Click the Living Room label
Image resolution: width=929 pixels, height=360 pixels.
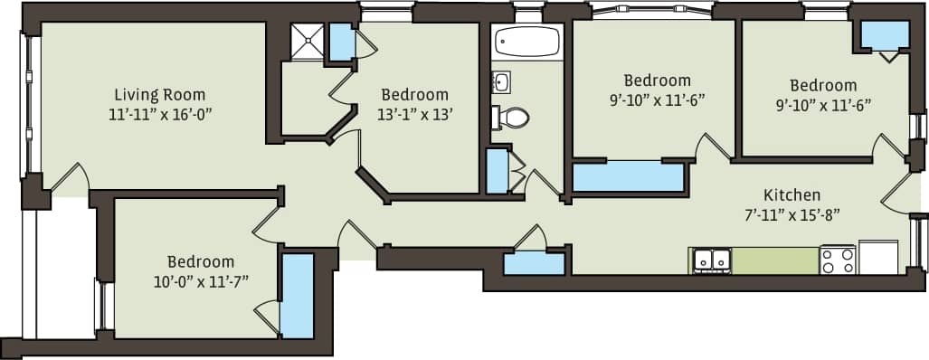pos(159,94)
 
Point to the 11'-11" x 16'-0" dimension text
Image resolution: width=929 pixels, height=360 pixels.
pos(159,114)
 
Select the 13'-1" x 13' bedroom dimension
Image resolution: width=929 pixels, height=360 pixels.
pos(414,114)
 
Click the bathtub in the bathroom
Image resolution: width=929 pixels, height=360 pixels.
pos(526,43)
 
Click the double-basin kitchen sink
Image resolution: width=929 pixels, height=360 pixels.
pos(712,261)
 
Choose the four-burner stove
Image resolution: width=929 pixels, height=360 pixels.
pos(837,261)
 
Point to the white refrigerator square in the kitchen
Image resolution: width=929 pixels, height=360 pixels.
pos(877,257)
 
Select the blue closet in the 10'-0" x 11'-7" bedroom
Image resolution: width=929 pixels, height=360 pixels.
pos(296,295)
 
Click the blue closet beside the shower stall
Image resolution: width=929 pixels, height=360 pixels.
pos(341,42)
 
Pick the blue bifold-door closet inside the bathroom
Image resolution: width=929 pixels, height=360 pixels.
pos(497,171)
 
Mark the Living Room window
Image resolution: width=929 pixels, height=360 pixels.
pos(26,104)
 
